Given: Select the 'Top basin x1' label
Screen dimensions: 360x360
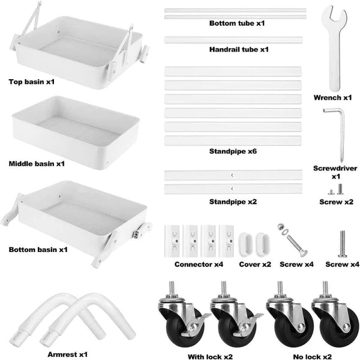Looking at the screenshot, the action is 32,82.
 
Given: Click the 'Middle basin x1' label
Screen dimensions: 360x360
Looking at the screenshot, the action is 37,164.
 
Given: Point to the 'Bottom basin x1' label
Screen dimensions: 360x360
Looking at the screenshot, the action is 38,250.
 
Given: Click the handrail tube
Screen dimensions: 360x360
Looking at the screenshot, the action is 233,40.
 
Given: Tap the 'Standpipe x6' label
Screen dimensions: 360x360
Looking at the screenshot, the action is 233,151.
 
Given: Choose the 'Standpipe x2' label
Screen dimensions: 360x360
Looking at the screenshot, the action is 233,202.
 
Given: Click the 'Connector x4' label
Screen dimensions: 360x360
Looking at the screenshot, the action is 199,264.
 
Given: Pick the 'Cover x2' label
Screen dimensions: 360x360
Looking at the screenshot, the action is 255,264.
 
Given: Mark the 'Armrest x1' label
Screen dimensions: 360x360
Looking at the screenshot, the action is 68,354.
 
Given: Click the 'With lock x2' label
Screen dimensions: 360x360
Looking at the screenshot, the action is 211,356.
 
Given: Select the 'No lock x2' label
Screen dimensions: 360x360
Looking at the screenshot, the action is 313,356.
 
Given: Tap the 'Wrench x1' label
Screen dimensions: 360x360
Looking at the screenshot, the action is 332,98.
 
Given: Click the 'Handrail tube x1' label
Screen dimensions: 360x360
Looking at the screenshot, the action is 239,49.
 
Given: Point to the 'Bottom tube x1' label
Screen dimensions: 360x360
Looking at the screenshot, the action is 237,23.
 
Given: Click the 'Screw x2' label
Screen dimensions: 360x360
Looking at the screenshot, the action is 337,202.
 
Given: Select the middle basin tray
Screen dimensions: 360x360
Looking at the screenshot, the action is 76,133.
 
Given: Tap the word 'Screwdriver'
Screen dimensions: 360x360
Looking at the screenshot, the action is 335,168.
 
